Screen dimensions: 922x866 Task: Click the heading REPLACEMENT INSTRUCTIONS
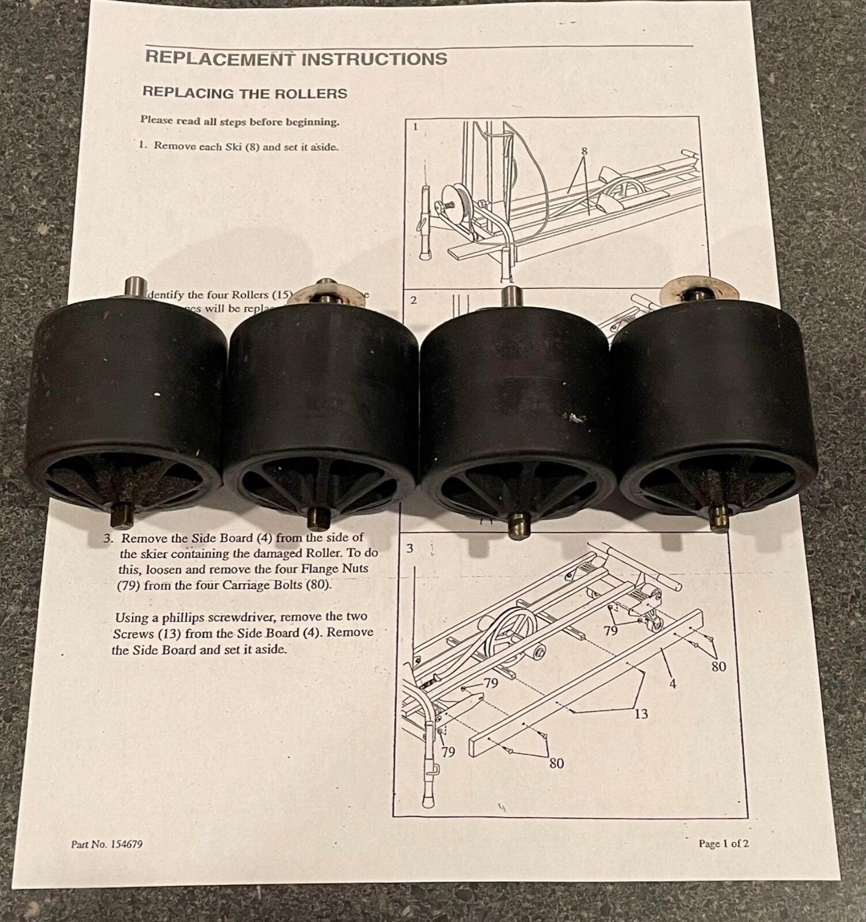296,58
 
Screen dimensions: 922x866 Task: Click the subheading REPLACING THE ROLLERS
245,93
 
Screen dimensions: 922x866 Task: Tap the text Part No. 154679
107,844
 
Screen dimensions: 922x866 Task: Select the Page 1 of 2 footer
724,844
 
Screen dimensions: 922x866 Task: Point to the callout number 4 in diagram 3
671,685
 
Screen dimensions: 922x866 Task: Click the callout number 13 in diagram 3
641,714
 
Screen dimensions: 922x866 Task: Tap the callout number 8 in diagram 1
584,151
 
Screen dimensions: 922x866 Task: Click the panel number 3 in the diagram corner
409,548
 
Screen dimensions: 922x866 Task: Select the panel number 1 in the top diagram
415,127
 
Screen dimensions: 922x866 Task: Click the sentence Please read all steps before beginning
240,122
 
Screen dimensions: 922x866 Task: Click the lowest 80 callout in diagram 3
556,763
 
